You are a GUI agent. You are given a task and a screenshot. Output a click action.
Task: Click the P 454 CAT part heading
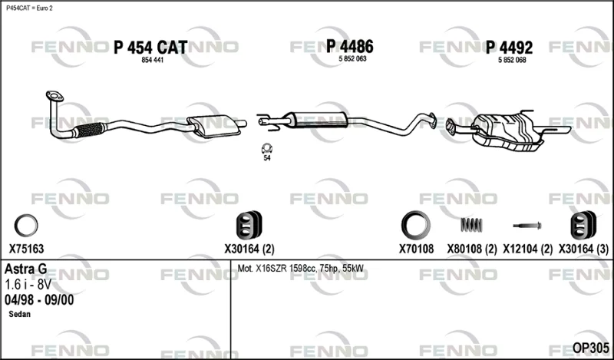pos(150,48)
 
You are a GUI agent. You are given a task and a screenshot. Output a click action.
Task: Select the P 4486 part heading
pos(350,46)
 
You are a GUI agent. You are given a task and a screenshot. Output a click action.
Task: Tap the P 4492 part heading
pos(509,48)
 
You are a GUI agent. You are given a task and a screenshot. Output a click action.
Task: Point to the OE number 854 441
pos(152,60)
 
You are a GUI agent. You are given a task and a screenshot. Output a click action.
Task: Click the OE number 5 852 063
pos(352,59)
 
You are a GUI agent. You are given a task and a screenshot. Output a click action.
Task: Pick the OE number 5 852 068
pos(512,60)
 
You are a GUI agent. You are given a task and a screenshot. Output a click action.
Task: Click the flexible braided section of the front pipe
pos(90,130)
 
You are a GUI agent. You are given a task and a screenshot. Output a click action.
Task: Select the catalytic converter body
pos(214,126)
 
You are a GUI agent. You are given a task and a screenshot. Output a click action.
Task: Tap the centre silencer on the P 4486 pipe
pos(319,120)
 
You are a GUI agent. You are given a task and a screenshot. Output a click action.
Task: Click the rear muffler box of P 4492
pos(508,131)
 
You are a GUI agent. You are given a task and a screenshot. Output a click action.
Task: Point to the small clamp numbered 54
pos(267,148)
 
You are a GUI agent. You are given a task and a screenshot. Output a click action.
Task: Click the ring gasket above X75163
pos(26,226)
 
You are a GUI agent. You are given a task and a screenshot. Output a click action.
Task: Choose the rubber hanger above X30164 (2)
pos(249,225)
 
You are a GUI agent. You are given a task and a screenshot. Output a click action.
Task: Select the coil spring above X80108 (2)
pos(471,225)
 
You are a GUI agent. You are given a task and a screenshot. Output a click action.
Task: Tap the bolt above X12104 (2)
pos(527,226)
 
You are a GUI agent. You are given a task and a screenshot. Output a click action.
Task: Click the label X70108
pos(416,249)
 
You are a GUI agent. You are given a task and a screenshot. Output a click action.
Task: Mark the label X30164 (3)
pos(583,249)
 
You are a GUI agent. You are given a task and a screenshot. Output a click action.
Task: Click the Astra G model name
pos(26,269)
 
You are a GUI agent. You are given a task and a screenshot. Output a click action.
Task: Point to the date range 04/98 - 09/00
pos(39,300)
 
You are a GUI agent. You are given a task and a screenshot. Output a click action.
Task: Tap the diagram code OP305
pos(591,348)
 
